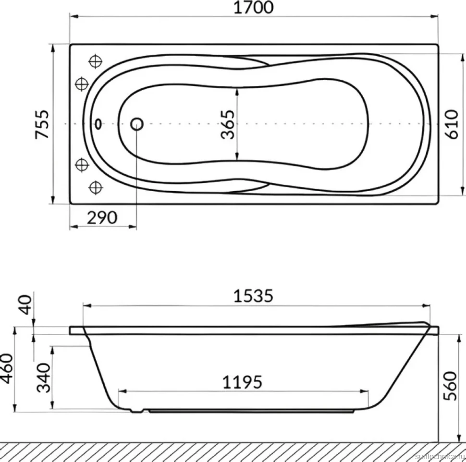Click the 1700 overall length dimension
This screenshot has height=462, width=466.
254,8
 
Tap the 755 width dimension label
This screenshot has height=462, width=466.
42,124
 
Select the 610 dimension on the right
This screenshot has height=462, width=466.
452,124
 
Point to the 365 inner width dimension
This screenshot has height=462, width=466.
228,124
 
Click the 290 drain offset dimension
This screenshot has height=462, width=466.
102,218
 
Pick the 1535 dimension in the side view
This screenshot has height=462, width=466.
253,296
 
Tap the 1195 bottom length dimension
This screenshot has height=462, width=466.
242,382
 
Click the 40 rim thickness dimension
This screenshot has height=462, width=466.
25,304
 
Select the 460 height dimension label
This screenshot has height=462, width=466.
7,369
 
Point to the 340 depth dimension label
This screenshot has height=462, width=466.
44,377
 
